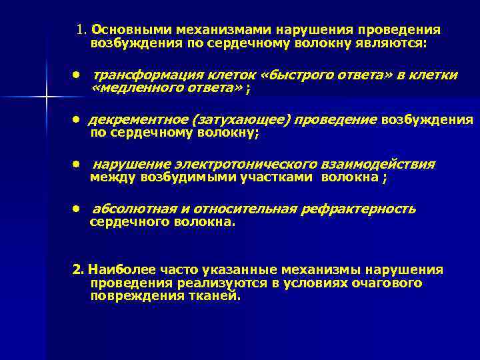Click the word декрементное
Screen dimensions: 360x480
coord(136,119)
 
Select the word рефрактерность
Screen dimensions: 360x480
coord(358,209)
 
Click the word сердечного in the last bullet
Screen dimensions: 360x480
coord(123,222)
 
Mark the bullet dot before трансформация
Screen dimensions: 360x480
coord(78,75)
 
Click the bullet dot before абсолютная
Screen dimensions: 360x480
coord(78,209)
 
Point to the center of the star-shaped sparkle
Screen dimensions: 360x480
coord(46,98)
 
